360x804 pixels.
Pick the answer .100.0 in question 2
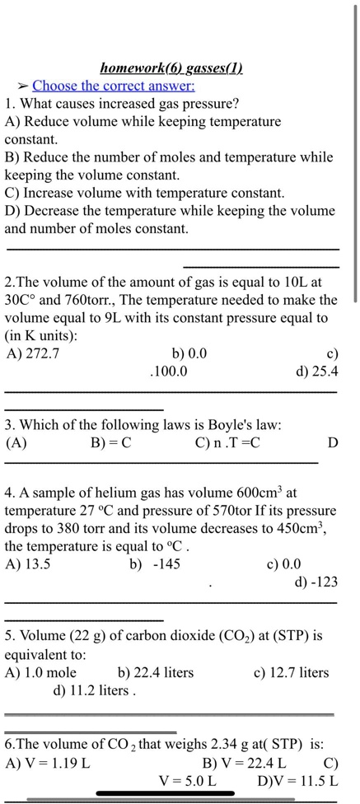coord(168,372)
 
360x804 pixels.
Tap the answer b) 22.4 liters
coord(156,673)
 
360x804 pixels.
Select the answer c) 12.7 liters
coord(291,673)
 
